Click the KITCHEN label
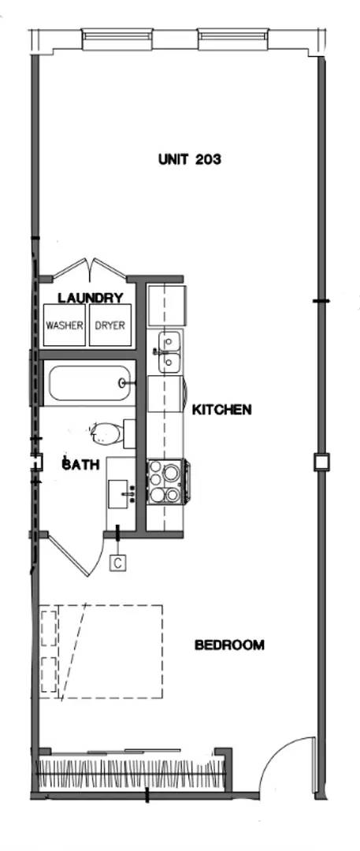tap(222, 410)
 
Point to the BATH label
tap(81, 465)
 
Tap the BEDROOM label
tap(229, 645)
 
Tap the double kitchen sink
tap(169, 352)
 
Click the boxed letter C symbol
tap(117, 563)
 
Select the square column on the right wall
tap(321, 462)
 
